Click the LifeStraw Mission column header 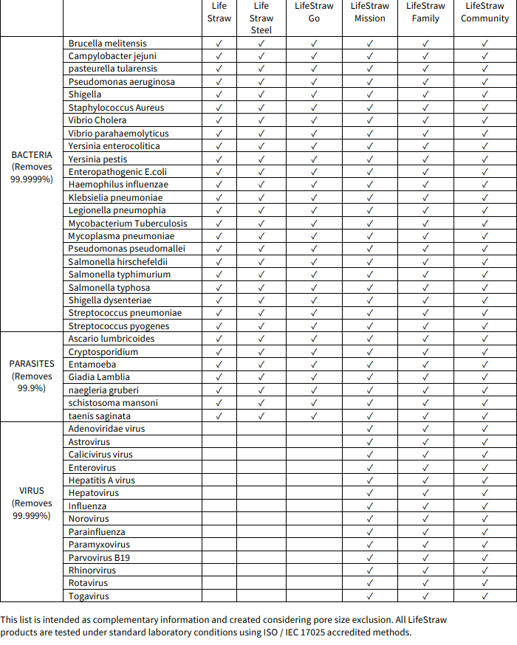pos(370,13)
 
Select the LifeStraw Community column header pos(485,13)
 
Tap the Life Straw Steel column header pos(261,18)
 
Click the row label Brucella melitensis pos(107,44)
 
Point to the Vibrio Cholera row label pos(97,120)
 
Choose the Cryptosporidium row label pos(103,351)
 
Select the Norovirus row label pos(89,519)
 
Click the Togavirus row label pos(89,596)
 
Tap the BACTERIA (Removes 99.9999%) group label pos(32,167)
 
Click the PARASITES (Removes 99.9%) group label pos(32,376)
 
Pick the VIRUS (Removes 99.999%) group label pos(32,503)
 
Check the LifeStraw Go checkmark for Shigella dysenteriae pos(314,300)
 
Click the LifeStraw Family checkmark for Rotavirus pos(425,583)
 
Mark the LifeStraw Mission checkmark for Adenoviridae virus pos(370,429)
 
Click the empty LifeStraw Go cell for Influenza pos(314,506)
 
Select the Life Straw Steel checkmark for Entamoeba pos(261,365)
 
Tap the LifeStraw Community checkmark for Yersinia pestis pos(485,159)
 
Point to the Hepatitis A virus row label pos(102,480)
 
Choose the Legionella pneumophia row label pos(117,210)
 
